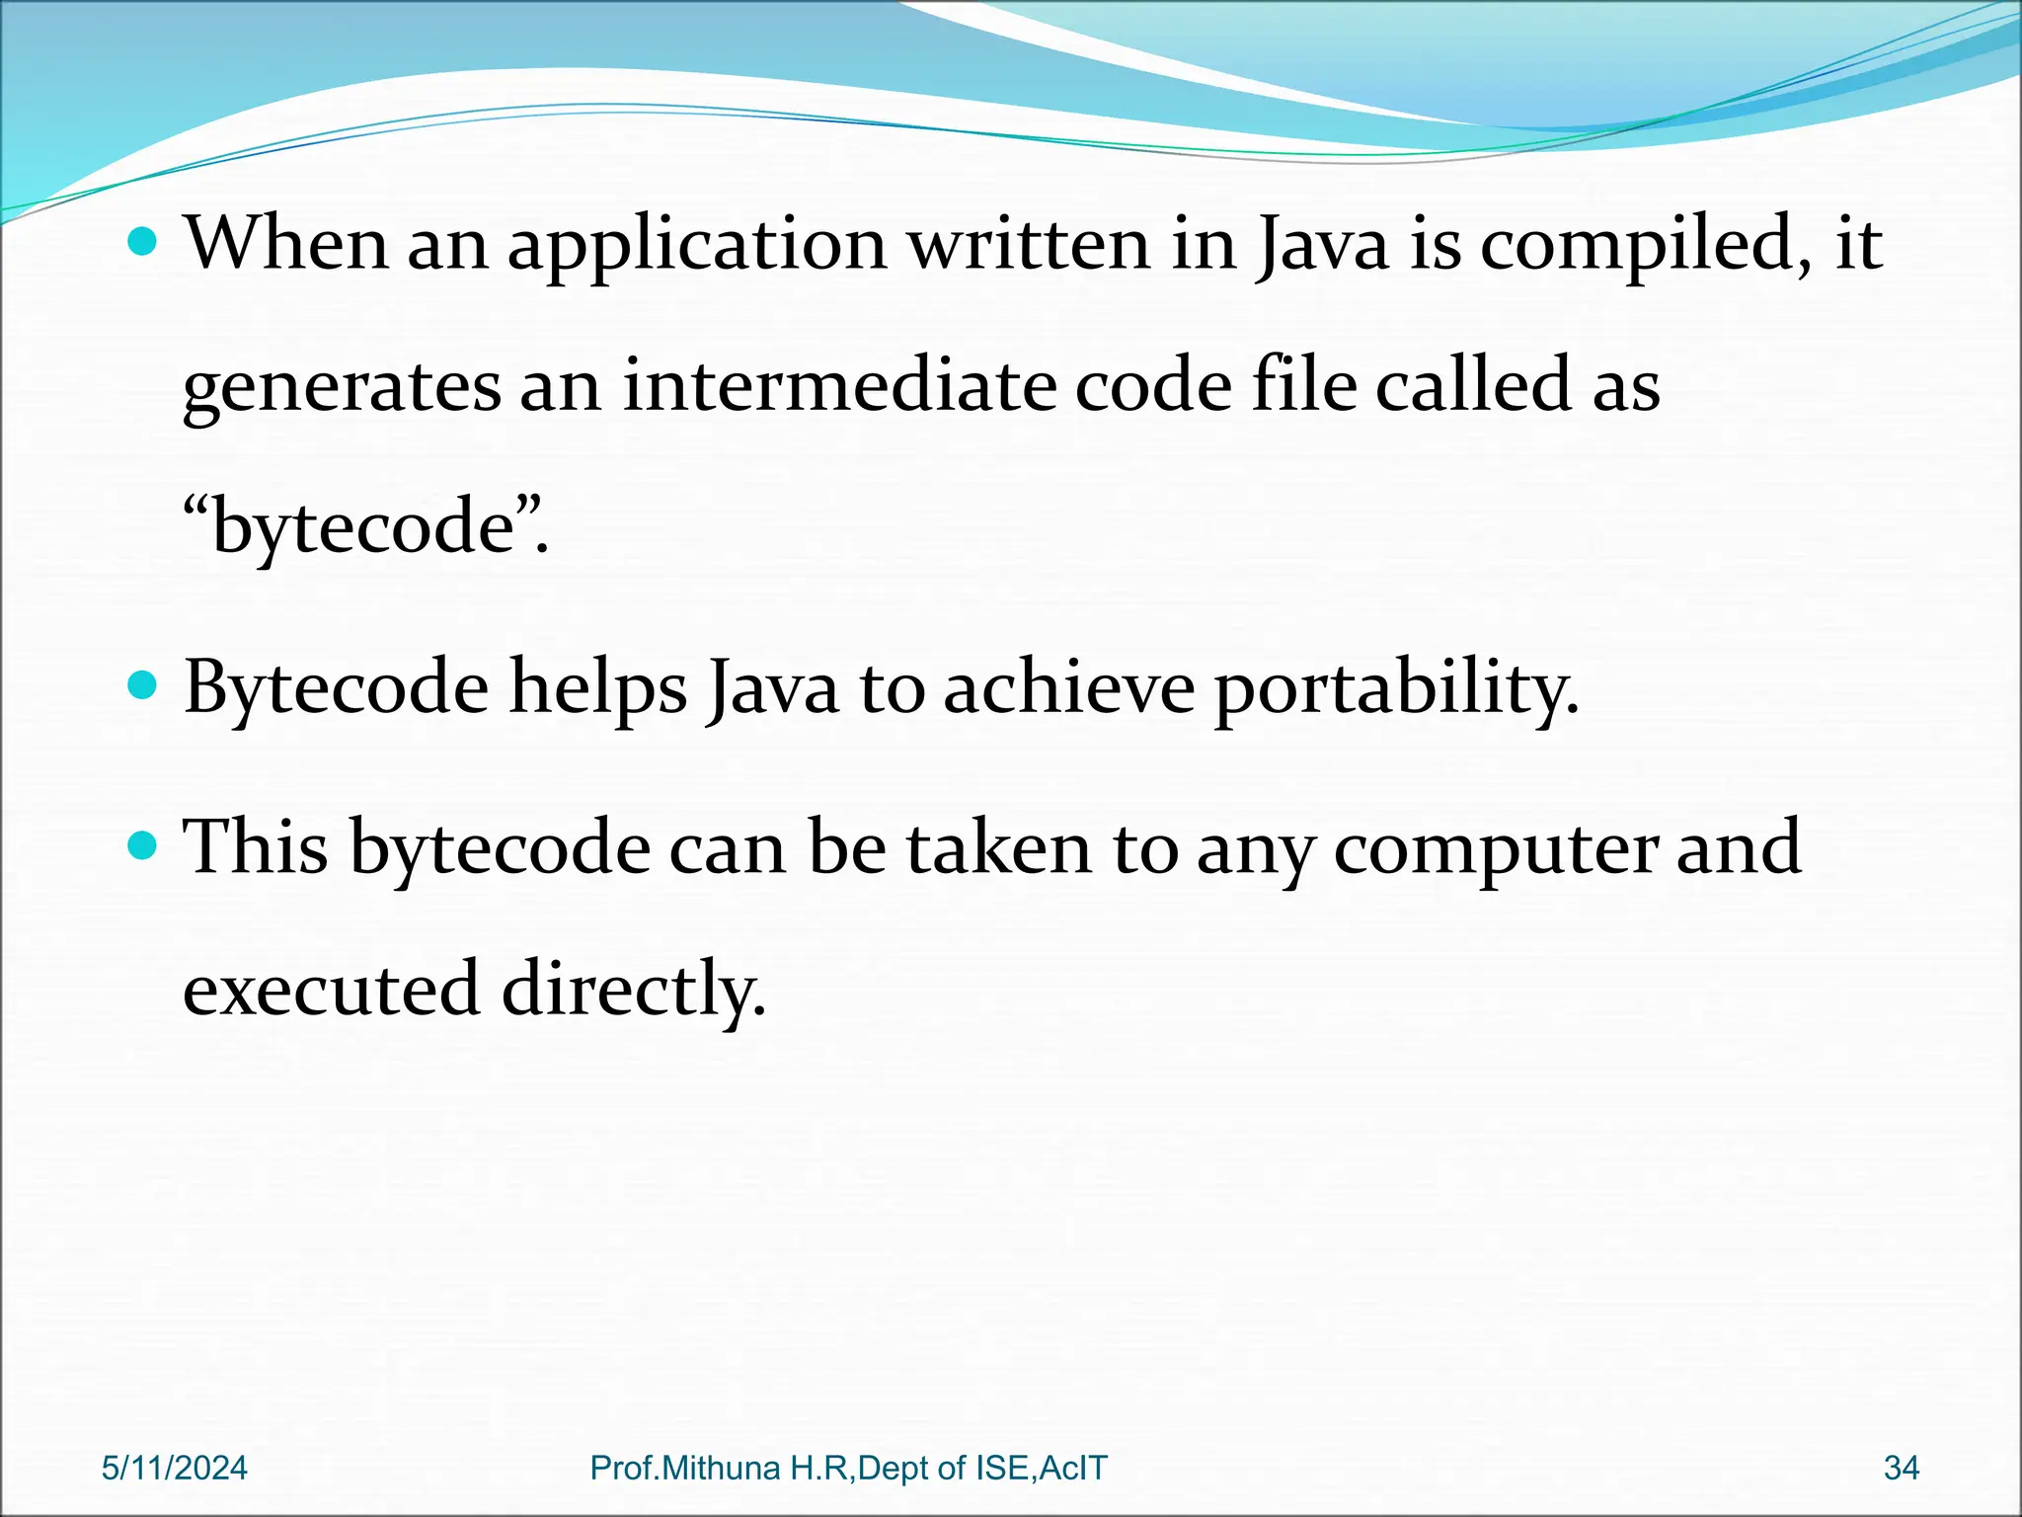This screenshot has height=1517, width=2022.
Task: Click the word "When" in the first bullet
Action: (x=286, y=243)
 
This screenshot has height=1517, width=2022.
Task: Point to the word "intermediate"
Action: (x=839, y=385)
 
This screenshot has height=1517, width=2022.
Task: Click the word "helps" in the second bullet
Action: (x=597, y=689)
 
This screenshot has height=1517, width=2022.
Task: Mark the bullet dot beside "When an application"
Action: (x=143, y=242)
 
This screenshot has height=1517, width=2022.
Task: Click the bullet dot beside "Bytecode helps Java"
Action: (x=143, y=685)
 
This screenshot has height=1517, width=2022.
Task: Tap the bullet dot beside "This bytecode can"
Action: (x=143, y=845)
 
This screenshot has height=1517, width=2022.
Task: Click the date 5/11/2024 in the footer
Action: (x=175, y=1468)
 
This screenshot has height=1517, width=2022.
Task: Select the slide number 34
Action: (x=1901, y=1468)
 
